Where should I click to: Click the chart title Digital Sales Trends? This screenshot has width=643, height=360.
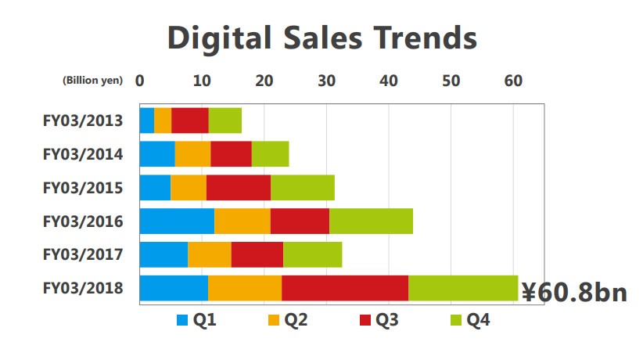coord(321,38)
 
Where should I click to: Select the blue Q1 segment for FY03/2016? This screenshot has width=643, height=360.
coord(177,221)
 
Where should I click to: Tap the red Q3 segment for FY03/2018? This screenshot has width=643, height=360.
coord(345,288)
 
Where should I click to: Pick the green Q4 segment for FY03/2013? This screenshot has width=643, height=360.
coord(225,121)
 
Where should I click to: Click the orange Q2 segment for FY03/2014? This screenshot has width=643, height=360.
coord(192,154)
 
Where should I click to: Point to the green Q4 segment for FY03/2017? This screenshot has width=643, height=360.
coord(312,254)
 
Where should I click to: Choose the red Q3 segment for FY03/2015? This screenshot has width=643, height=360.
coord(239,188)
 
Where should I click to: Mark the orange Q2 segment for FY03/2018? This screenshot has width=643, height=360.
coord(245,288)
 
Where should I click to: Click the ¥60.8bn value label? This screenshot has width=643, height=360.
coord(574,293)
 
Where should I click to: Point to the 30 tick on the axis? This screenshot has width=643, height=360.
coord(326,80)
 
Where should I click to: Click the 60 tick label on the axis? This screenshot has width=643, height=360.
coord(512,80)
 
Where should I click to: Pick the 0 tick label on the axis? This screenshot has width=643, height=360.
coord(140,80)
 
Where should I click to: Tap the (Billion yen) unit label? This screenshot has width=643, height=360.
coord(92,81)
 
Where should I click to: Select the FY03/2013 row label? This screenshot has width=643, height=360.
coord(83,121)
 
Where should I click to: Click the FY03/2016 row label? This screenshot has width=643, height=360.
coord(83,221)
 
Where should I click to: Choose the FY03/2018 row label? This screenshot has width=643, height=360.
coord(83,288)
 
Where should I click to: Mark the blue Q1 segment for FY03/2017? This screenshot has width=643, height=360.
coord(163,254)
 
